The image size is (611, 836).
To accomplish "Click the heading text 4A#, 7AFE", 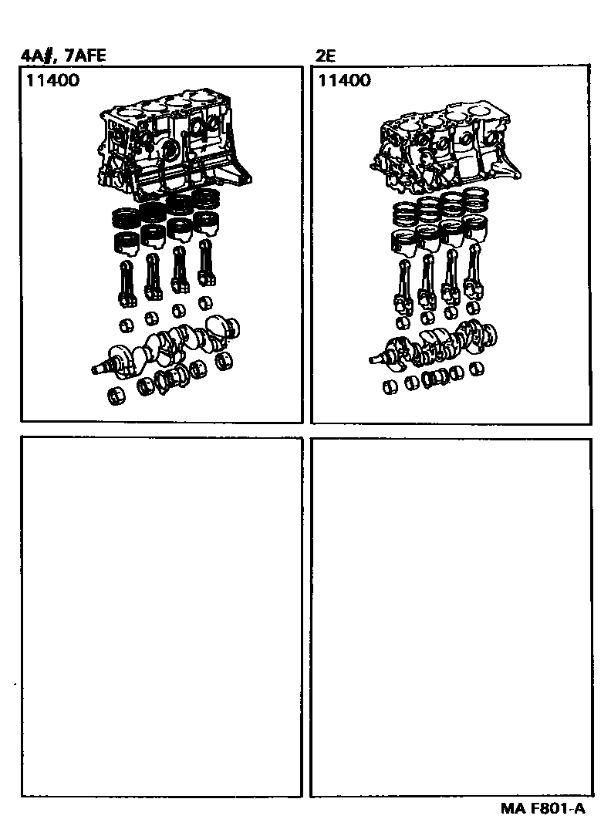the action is coord(63,55).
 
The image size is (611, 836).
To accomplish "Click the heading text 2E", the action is coord(326,56).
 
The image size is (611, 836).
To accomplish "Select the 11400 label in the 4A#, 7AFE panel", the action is coord(52,80).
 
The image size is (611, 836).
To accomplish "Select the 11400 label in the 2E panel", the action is coord(344,80).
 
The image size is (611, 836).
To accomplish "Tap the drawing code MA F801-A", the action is coord(543,809).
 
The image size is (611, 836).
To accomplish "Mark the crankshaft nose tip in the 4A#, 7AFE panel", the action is coord(93,369).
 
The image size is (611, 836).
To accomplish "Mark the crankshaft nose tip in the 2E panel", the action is coord(370,360).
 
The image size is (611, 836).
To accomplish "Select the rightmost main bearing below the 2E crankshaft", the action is coord(478,369).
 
